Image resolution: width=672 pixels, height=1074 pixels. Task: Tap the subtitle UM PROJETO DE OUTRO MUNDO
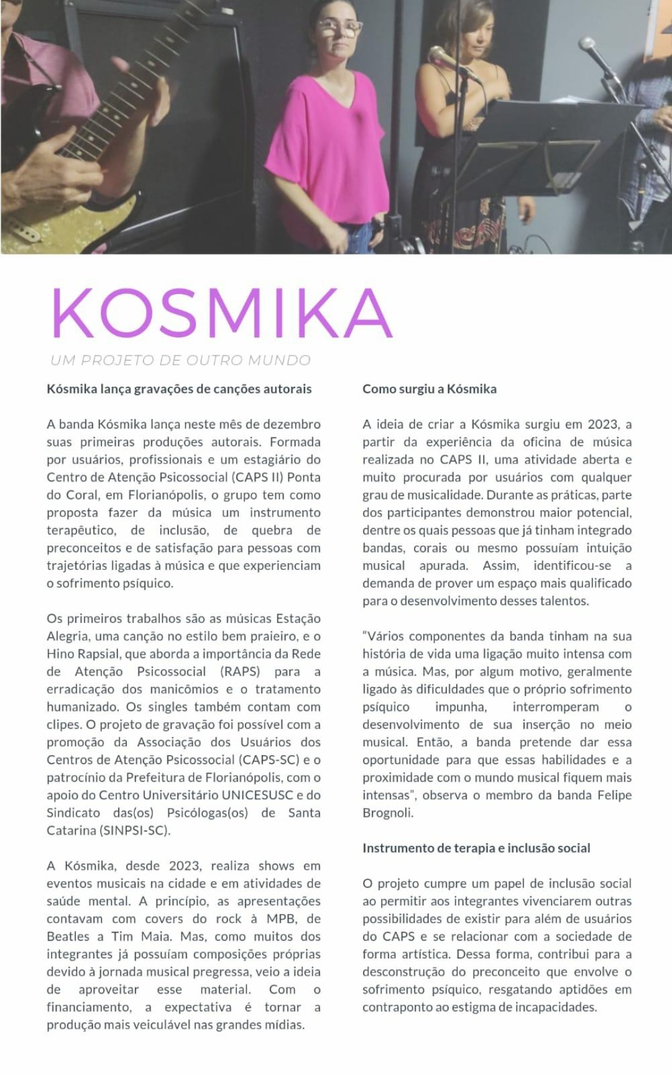(180, 360)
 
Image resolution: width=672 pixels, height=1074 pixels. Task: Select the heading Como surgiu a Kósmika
(429, 389)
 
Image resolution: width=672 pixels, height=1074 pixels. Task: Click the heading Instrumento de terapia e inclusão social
(476, 848)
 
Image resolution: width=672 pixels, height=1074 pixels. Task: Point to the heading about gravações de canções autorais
(179, 389)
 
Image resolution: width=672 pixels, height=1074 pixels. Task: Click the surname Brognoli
(387, 813)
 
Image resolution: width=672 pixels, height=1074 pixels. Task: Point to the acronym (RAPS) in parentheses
(240, 671)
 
